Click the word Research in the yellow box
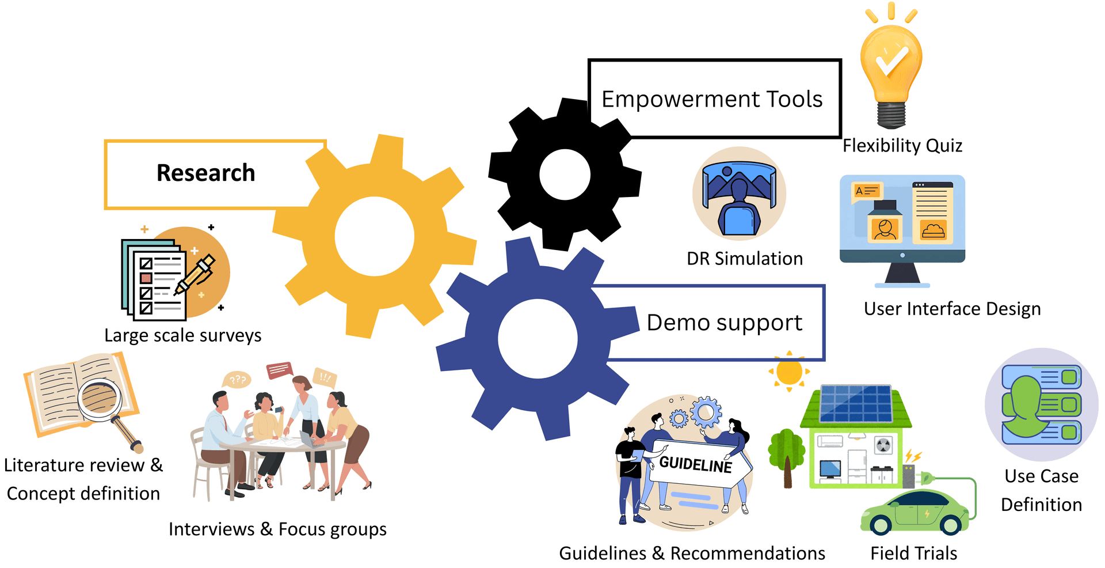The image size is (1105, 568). coord(205,173)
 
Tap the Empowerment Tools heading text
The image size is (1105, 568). coord(712,99)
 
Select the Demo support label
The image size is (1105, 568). coord(724,323)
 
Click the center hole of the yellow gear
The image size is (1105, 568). coord(374,236)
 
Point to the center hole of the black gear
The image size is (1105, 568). coord(565,174)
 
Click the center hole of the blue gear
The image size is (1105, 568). coord(538,339)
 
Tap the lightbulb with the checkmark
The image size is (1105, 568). coord(891,66)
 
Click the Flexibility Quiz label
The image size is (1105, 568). coord(902,146)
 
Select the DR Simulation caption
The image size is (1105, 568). coord(745,259)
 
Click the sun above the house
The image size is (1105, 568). coord(789,372)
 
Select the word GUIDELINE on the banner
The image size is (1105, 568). coord(696,464)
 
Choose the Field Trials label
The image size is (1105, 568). coord(913,554)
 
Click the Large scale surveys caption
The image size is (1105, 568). coord(183,335)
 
